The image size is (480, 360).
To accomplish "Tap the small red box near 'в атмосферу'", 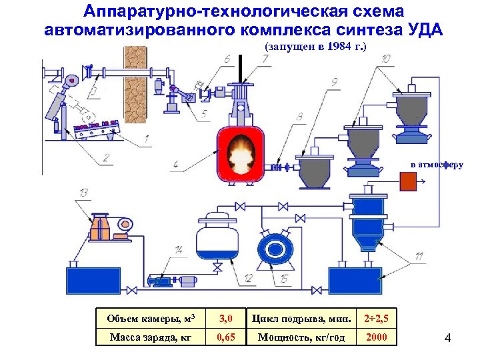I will (408, 181).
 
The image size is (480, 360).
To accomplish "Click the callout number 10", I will (386, 59).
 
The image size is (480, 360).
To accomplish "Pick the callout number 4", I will (175, 163).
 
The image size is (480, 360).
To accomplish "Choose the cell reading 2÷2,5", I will (376, 319).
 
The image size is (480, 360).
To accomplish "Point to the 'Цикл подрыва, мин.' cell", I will (301, 319).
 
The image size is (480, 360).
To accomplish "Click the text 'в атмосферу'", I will (436, 164).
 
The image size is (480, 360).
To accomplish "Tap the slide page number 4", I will (447, 339).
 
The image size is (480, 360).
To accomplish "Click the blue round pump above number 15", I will (274, 249).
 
